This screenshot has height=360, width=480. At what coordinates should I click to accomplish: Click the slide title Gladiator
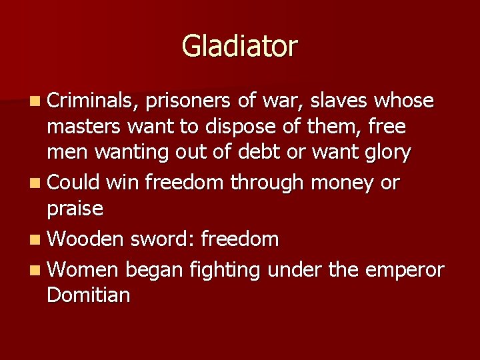tap(239, 47)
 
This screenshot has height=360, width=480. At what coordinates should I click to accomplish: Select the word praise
tap(75, 209)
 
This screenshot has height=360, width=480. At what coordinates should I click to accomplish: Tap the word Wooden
tap(86, 238)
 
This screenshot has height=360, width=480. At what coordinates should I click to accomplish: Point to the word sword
tap(161, 238)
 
